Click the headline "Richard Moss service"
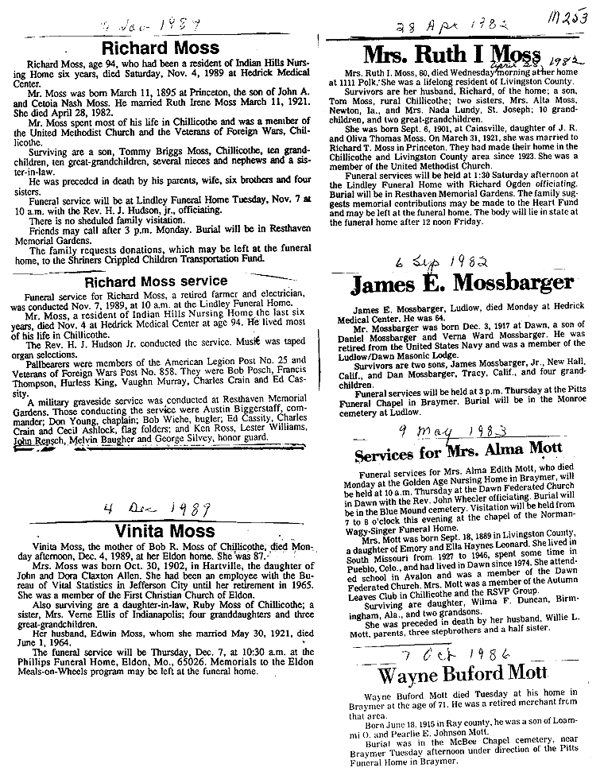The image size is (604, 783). point(156,281)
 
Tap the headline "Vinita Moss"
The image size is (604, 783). point(164,530)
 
